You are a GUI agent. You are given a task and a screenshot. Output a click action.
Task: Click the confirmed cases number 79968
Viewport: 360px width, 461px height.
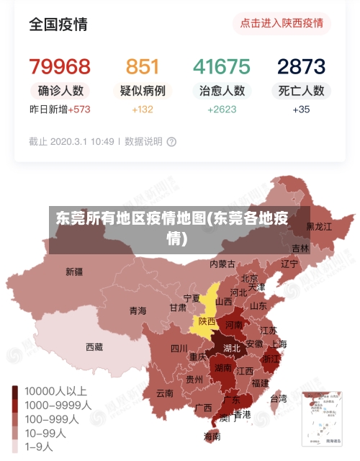tap(60, 67)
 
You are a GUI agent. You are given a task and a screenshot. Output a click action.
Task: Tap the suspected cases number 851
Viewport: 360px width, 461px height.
tap(143, 67)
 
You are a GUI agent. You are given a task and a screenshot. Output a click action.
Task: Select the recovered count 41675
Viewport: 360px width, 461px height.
tap(221, 67)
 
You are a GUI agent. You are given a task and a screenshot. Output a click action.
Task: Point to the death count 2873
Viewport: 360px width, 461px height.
tap(302, 67)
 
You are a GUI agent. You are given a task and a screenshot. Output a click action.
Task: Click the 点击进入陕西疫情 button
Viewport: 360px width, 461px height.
tap(281, 23)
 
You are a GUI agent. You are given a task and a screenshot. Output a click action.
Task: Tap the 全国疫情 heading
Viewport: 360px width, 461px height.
tap(58, 24)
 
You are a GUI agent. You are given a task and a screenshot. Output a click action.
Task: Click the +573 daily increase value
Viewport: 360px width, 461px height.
tap(81, 109)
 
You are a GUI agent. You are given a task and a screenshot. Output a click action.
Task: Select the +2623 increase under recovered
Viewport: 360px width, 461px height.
tap(222, 109)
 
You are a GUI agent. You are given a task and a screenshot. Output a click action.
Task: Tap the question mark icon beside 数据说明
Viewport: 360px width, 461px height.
tap(171, 142)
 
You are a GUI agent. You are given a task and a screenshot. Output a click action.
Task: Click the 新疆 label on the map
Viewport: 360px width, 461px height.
tap(74, 272)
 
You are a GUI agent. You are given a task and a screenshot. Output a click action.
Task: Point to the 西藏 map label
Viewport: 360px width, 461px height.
tap(94, 346)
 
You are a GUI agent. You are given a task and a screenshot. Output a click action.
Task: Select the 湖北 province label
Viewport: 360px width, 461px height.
tap(232, 348)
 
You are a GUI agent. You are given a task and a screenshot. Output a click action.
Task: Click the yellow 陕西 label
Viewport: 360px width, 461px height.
tap(207, 321)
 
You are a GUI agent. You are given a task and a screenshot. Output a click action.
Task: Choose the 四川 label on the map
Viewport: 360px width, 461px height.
tap(179, 349)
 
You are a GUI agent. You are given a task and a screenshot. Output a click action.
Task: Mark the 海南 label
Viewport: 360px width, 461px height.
tap(212, 436)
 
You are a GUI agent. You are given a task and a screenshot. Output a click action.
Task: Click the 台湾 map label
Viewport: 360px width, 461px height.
tap(278, 398)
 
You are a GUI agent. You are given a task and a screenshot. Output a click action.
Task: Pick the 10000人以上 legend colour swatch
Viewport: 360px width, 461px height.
tap(15, 391)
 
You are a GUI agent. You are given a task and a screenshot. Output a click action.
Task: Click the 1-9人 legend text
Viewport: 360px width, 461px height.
tap(39, 447)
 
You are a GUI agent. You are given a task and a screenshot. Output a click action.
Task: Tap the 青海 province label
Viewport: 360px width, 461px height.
tap(138, 310)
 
